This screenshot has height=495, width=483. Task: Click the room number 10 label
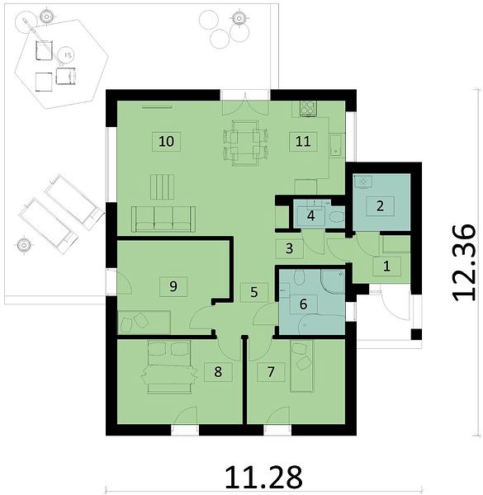pyautogui.click(x=167, y=141)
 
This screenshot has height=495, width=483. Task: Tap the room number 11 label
pyautogui.click(x=303, y=141)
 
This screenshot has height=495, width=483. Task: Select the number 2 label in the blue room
pyautogui.click(x=380, y=205)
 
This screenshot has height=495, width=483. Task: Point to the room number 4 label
pyautogui.click(x=311, y=216)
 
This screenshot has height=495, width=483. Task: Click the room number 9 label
pyautogui.click(x=173, y=286)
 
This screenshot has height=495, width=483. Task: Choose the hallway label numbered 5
pyautogui.click(x=254, y=292)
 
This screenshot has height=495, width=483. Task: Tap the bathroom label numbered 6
pyautogui.click(x=303, y=304)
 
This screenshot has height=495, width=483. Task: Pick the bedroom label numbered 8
pyautogui.click(x=218, y=372)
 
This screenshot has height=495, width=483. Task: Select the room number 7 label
pyautogui.click(x=271, y=372)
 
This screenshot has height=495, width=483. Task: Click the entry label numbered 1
pyautogui.click(x=386, y=266)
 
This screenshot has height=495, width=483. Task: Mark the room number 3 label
pyautogui.click(x=289, y=249)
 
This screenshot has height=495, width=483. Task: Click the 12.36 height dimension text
pyautogui.click(x=464, y=262)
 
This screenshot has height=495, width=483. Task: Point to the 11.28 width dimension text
pyautogui.click(x=263, y=477)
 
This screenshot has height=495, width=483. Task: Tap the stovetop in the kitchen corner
pyautogui.click(x=308, y=109)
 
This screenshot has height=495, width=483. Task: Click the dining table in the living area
pyautogui.click(x=245, y=143)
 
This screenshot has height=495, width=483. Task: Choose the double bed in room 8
pyautogui.click(x=169, y=367)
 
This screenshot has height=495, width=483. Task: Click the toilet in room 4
pyautogui.click(x=337, y=216)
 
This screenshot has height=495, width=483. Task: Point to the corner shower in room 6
pyautogui.click(x=333, y=280)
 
